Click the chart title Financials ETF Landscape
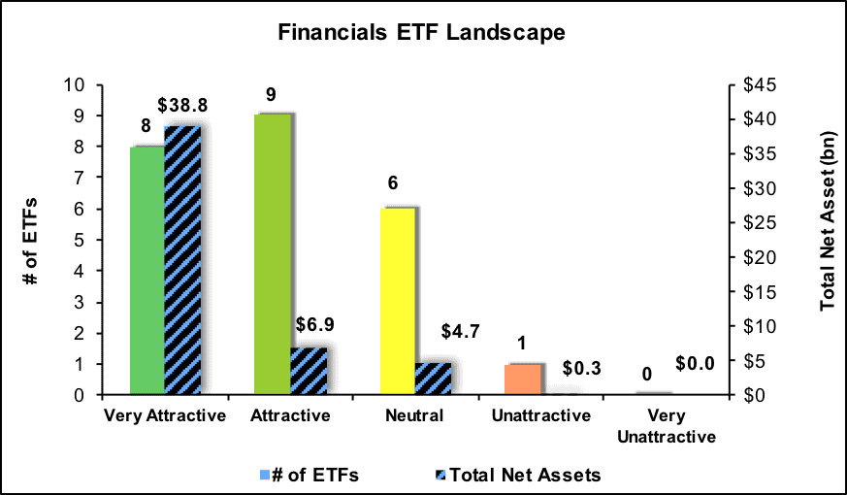(x=421, y=32)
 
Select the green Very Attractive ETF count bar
(x=147, y=270)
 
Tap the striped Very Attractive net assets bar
(x=182, y=260)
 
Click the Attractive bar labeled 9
(x=273, y=254)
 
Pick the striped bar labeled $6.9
(x=309, y=371)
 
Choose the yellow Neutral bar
(x=398, y=301)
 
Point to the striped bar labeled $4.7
(x=433, y=379)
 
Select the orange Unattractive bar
(x=522, y=379)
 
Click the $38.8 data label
(x=182, y=106)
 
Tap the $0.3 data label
(x=581, y=368)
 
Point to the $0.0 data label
(x=695, y=364)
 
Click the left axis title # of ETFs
(x=32, y=241)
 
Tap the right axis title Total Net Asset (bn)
(x=829, y=220)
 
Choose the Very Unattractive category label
(x=667, y=426)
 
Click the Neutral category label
(x=414, y=415)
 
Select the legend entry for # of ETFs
(x=309, y=475)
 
